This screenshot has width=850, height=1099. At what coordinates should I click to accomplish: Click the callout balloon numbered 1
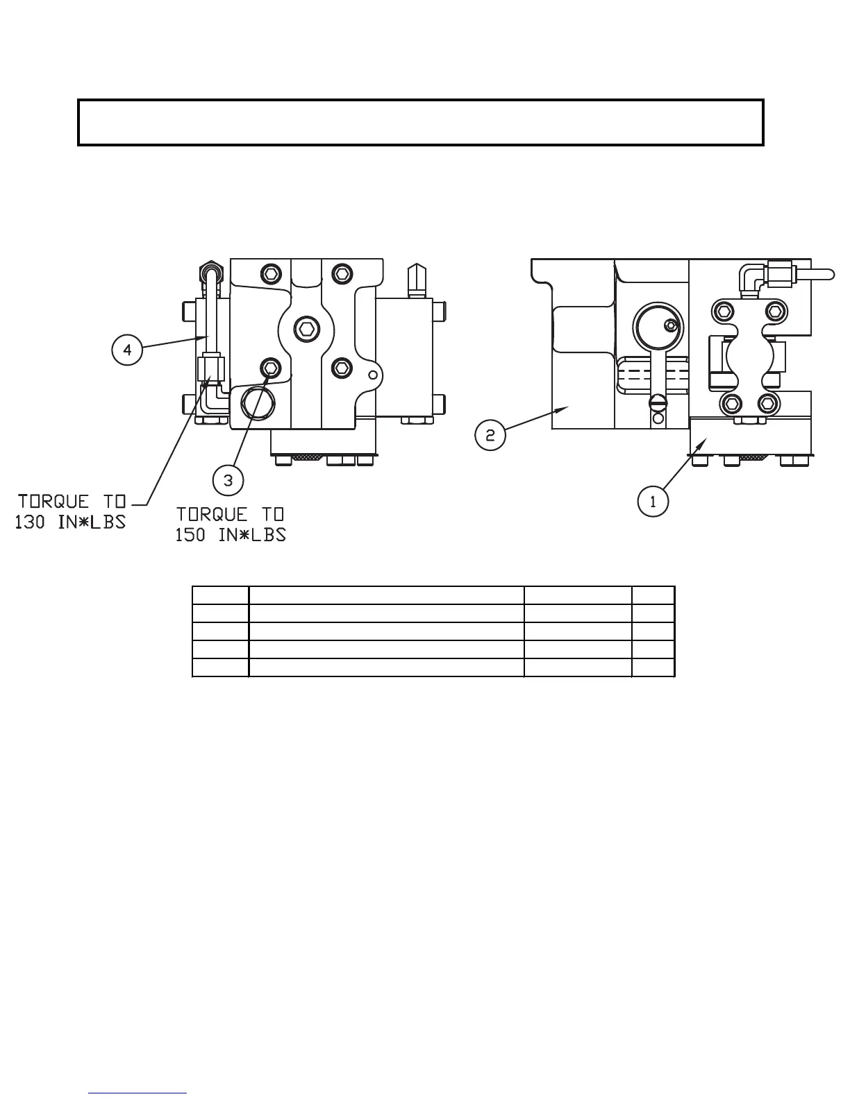tap(653, 502)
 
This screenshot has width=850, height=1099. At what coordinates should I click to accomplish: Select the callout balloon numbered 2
tap(490, 435)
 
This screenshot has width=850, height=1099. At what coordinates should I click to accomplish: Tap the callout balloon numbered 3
tap(228, 479)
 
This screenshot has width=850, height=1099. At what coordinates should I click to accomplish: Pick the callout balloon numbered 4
tap(127, 350)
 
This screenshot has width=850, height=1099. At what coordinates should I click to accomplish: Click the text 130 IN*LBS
tap(71, 522)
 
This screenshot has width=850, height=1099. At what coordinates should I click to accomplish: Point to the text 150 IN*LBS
tap(231, 535)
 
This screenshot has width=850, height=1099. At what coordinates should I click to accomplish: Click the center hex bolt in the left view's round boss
tap(303, 328)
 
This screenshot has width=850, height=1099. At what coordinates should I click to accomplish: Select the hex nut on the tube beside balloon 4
tap(210, 368)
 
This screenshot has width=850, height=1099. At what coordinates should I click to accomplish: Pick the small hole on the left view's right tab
tap(373, 375)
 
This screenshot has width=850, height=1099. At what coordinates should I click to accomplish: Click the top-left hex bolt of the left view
tap(270, 273)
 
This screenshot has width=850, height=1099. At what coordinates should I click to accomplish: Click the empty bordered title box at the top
tap(421, 122)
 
